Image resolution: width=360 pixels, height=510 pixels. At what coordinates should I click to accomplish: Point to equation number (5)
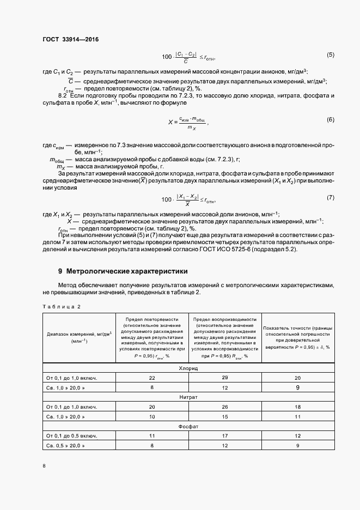330,54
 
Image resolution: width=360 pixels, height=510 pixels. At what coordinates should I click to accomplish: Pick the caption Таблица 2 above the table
62,306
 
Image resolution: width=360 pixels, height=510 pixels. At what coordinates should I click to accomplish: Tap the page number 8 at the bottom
44,466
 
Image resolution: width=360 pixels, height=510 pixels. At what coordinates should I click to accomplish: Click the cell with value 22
152,378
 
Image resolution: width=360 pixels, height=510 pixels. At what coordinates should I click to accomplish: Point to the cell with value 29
224,378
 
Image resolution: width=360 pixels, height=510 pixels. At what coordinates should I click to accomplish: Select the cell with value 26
224,406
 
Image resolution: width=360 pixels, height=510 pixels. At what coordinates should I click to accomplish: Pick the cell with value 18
297,406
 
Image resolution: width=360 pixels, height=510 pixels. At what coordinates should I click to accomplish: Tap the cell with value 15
224,416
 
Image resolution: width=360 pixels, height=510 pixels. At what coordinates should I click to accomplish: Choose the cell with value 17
224,436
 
